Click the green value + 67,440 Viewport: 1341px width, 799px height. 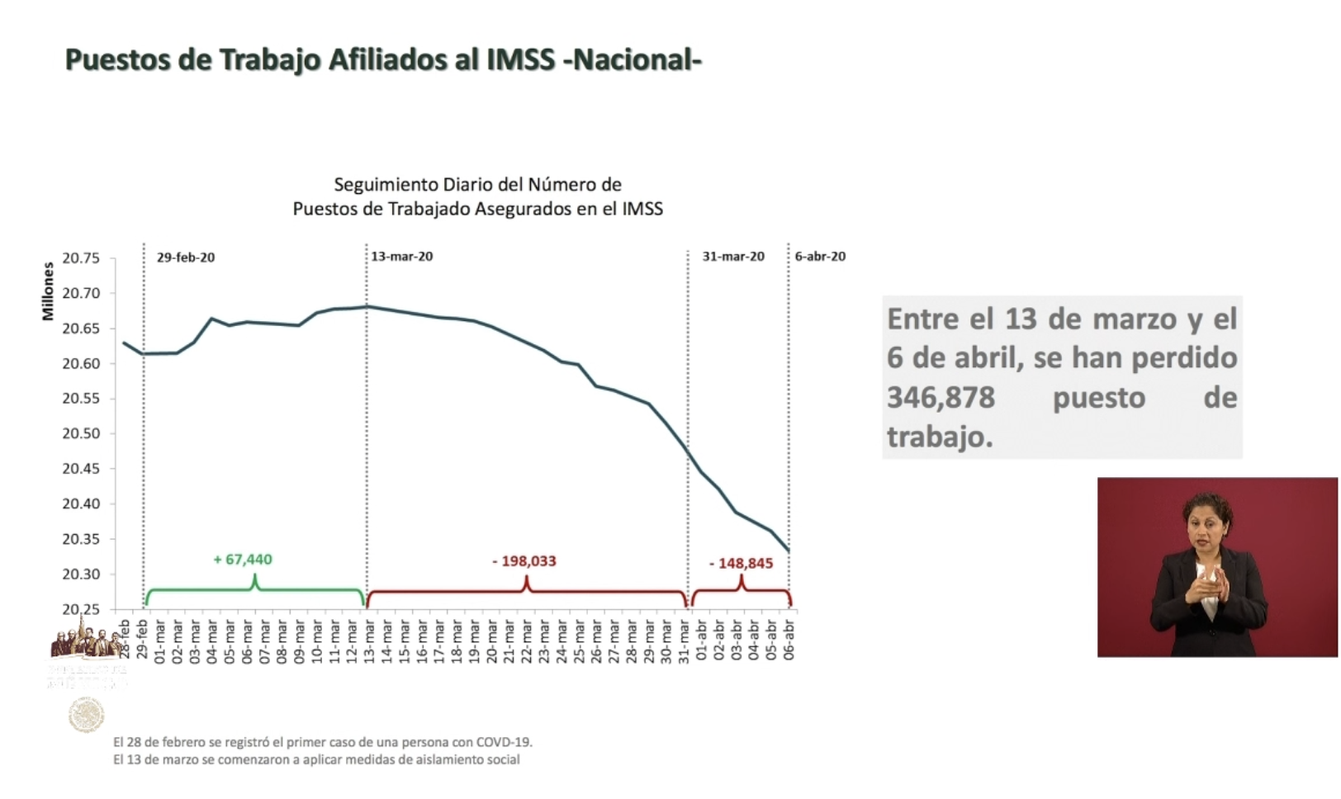243,560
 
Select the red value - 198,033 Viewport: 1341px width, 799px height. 524,561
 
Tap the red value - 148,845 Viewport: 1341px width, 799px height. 741,564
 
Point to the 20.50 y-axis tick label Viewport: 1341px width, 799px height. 81,434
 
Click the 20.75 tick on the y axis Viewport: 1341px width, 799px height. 81,258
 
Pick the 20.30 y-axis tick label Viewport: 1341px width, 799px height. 81,574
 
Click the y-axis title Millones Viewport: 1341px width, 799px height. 48,291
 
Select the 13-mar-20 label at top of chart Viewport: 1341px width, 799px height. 401,257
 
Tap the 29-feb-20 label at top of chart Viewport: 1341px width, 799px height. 186,258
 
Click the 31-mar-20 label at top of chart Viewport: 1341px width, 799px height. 733,257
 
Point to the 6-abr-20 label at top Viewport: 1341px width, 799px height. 820,257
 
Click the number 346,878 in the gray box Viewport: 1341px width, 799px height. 941,398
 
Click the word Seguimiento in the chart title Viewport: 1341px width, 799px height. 386,185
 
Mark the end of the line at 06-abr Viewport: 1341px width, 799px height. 789,551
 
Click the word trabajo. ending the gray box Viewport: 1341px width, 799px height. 940,437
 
